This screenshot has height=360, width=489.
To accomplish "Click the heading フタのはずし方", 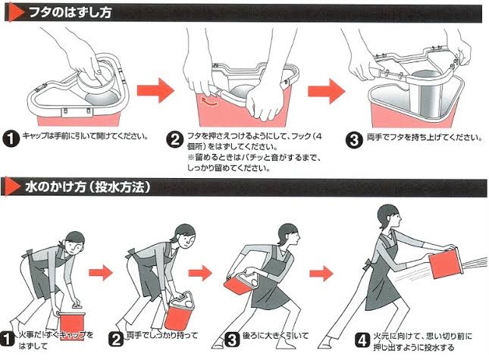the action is pos(71,13).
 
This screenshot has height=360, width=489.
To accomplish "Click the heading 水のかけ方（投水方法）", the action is pos(88,186).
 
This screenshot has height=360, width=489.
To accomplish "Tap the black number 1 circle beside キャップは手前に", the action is pos(11,139).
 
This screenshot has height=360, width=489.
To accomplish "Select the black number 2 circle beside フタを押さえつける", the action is pos(175,139).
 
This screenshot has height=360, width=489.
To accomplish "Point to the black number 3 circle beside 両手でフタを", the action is pos(354,140).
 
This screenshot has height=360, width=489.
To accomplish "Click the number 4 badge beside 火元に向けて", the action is pos(362,340).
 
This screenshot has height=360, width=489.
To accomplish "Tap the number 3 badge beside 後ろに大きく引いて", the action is pos(232,340).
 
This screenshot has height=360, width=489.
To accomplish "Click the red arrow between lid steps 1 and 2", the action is pos(155,90).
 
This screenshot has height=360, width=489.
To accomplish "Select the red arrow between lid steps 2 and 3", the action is pos(327,91).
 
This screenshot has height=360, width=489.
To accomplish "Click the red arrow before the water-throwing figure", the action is pos(321,274).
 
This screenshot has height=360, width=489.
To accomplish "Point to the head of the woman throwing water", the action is pos(389,217).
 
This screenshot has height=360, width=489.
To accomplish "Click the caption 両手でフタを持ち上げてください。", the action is pos(425,137).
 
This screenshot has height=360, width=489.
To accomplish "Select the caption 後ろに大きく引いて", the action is pos(276,336).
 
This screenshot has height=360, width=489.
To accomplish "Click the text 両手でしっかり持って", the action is pos(162,336).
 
